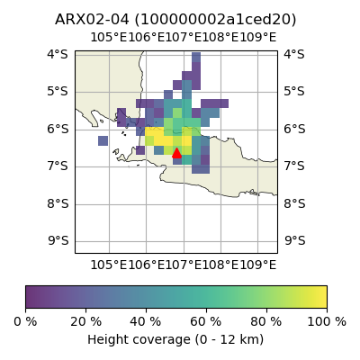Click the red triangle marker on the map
(176, 153)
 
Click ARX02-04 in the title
(92, 20)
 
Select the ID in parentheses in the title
(215, 20)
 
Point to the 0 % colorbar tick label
(25, 322)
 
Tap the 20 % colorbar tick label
(85, 322)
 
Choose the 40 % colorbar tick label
(146, 322)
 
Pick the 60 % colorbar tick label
(206, 322)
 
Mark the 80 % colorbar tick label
(266, 322)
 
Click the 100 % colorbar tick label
(327, 322)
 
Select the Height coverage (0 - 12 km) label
(175, 339)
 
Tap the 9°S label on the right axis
(295, 240)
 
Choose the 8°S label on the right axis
(295, 203)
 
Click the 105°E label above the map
(109, 38)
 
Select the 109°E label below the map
(257, 265)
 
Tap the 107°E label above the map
(184, 38)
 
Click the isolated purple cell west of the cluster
(103, 140)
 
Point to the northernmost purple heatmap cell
(196, 58)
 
